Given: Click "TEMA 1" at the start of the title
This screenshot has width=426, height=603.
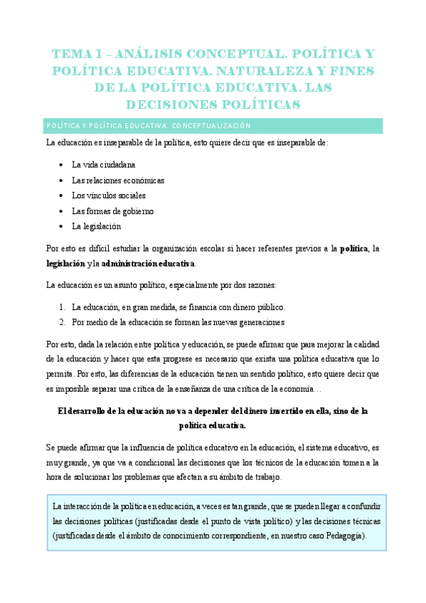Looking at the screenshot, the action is coord(74,54).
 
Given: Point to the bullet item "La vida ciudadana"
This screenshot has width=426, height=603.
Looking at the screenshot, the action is coord(103,164).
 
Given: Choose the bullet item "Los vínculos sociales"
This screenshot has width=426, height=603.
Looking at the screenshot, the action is coord(109,196).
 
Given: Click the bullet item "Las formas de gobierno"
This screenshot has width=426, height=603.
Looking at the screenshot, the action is coord(112,211).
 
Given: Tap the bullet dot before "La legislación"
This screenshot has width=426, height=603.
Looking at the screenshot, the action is coord(63,227).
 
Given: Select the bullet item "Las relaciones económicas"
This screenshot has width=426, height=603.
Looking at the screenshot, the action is coord(117,180).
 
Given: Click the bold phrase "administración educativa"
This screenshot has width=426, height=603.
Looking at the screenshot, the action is coord(147,264).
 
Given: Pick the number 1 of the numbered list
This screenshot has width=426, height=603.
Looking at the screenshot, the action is coord(63,307).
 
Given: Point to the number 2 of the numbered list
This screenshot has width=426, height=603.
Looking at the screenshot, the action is coord(63,322).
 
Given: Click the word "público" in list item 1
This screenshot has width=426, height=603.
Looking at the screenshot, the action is coord(270,307).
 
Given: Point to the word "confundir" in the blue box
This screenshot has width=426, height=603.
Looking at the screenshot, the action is coord(363,505).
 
